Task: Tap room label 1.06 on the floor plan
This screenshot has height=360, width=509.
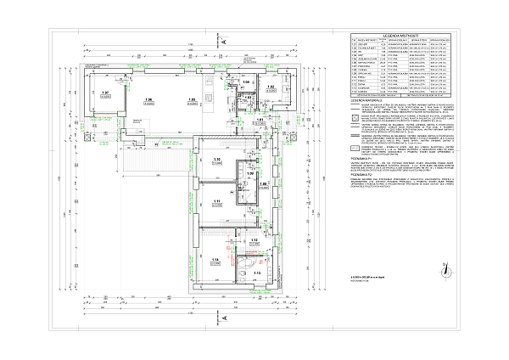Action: (148, 100)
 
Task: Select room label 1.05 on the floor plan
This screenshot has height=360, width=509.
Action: (193, 100)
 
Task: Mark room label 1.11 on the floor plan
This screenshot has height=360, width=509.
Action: (217, 200)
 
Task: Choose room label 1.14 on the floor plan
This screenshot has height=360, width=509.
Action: (216, 259)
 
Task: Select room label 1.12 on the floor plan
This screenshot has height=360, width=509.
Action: (254, 240)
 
